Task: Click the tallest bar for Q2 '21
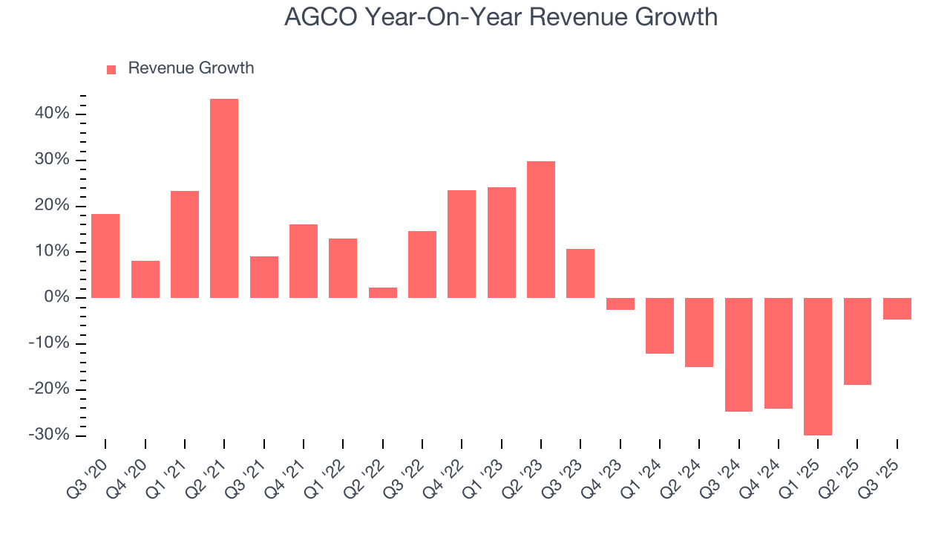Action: (224, 198)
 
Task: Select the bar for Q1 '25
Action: (818, 366)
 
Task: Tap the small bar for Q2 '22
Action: (383, 293)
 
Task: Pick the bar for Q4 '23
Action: (620, 304)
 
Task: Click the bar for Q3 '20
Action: (105, 256)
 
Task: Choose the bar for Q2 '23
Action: (541, 230)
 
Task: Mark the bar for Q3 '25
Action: (897, 308)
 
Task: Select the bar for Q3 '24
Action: (738, 354)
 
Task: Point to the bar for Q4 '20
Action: (145, 279)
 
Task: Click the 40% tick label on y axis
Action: (51, 114)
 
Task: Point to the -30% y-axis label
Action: (49, 435)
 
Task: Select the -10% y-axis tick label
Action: (49, 343)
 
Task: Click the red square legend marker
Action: (111, 69)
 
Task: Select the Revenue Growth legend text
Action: (191, 68)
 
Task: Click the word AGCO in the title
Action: (321, 17)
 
